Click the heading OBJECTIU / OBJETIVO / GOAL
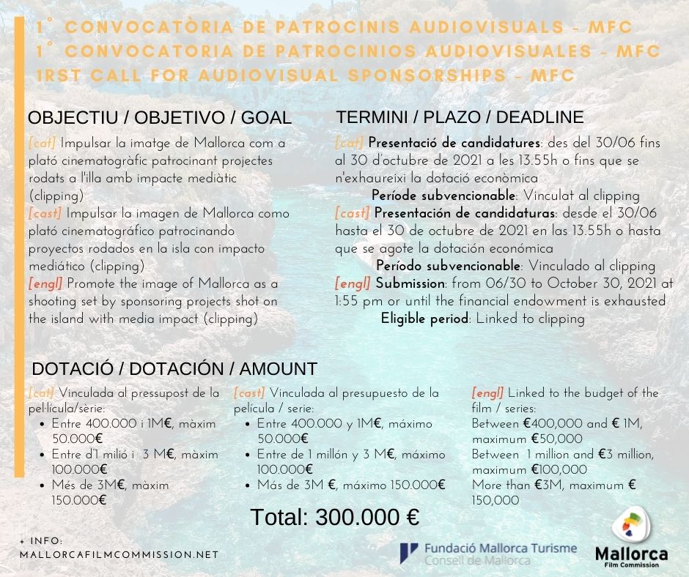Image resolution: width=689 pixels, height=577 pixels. [x=159, y=119]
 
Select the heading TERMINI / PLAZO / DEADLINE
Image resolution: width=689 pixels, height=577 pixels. [x=460, y=117]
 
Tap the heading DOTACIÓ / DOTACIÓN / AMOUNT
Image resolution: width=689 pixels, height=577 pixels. [x=174, y=368]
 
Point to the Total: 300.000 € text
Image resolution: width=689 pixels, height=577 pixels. [x=335, y=517]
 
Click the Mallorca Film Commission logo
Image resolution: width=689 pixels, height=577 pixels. [x=631, y=541]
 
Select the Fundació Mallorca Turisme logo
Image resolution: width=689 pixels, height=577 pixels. [x=488, y=553]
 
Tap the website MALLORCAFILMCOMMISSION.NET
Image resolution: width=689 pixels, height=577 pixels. [x=119, y=554]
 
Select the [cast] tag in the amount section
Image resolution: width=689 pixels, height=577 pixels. [x=250, y=393]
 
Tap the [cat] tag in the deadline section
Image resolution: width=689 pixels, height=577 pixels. [x=349, y=143]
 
